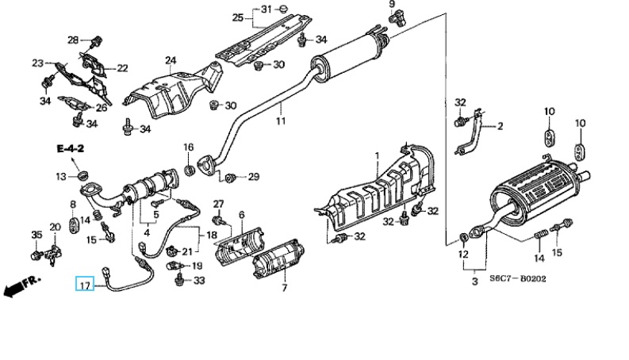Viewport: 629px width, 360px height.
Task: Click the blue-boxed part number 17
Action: (85, 285)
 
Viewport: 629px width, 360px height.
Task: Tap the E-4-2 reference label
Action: (71, 149)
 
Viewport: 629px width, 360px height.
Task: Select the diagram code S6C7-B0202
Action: (517, 278)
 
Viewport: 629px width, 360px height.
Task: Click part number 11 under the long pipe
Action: (281, 121)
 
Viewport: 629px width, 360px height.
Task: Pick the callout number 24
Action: (171, 60)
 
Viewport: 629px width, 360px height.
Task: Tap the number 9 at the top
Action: (392, 5)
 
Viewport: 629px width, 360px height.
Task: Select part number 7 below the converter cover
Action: (285, 287)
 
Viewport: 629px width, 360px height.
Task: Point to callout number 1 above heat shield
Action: (377, 155)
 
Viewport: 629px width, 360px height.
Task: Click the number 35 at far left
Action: (36, 235)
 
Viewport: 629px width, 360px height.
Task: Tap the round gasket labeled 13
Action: (82, 175)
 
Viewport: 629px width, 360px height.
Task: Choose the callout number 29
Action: (254, 176)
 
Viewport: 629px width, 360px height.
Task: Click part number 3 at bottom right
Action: (475, 281)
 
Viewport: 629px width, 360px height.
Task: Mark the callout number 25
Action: (238, 17)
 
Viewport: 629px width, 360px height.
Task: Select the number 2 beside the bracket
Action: (500, 126)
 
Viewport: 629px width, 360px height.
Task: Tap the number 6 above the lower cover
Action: (241, 215)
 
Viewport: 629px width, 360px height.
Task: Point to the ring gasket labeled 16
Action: (190, 170)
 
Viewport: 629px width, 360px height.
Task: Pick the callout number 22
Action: (122, 68)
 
